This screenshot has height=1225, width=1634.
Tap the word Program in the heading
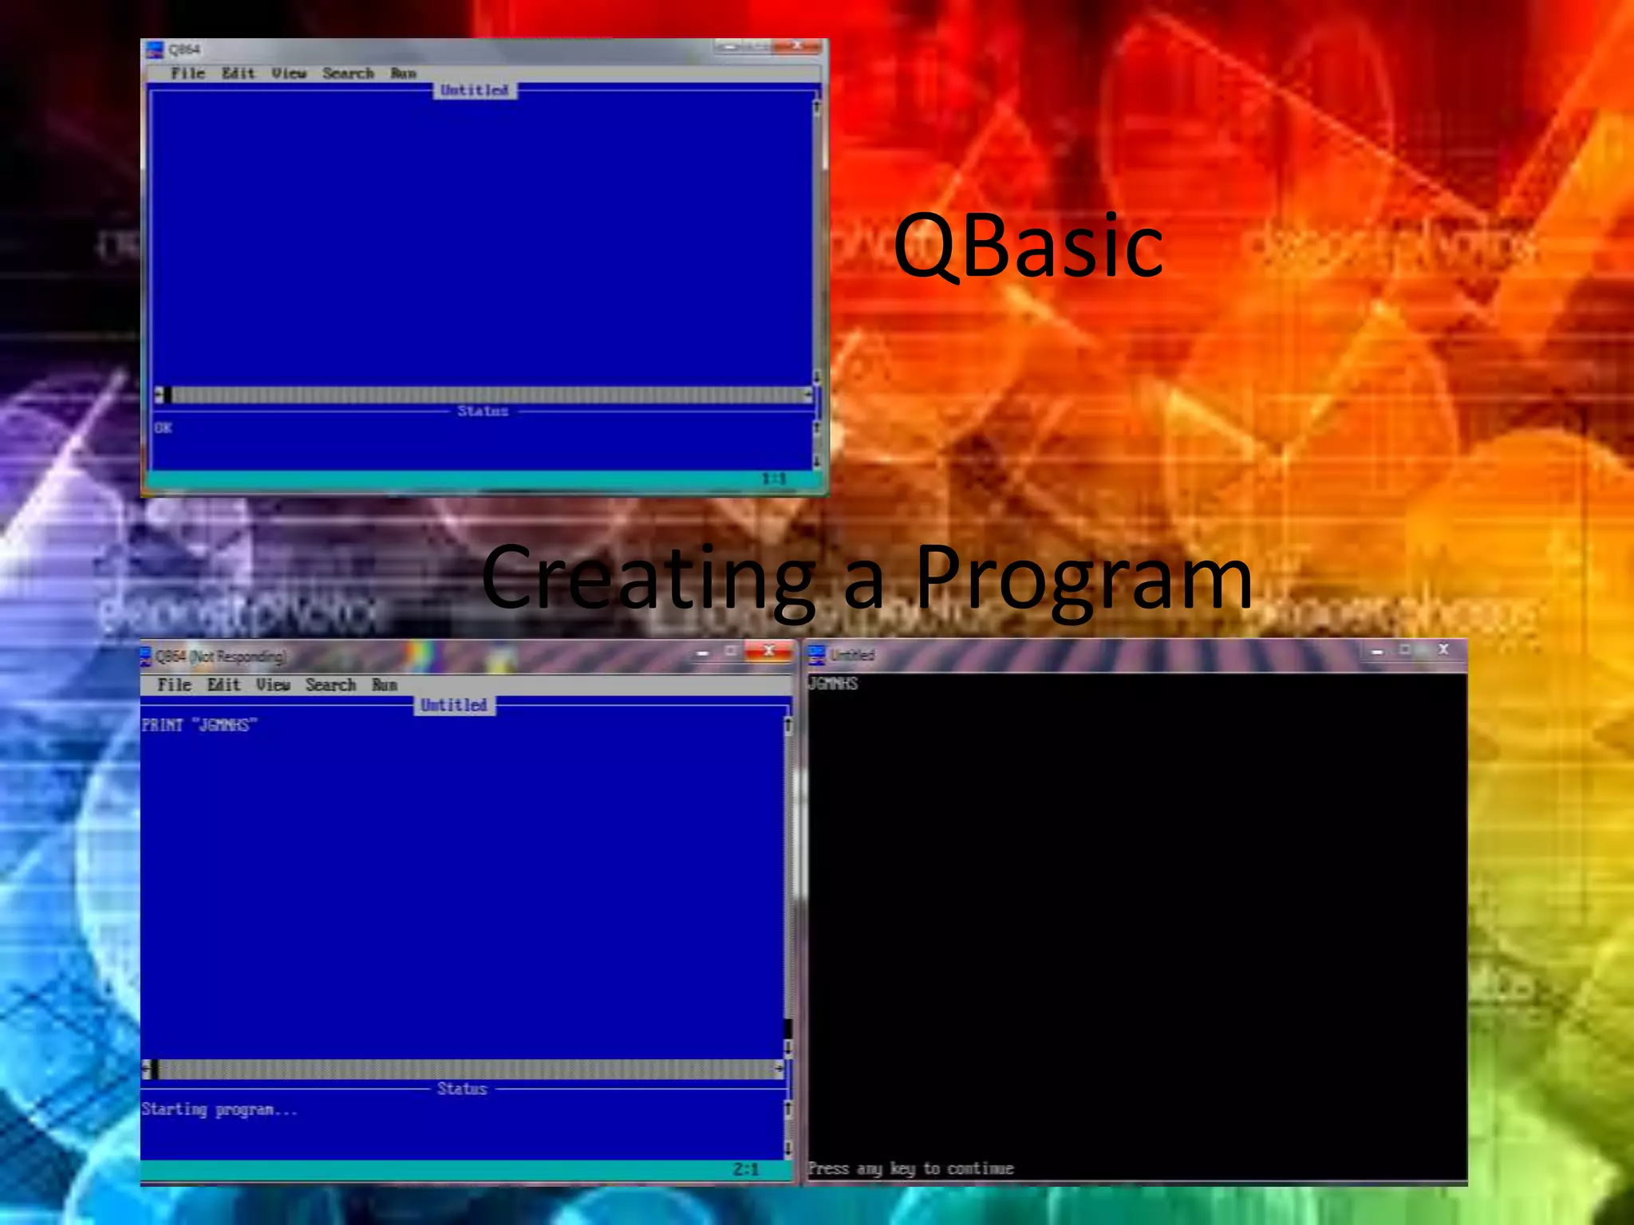tap(1083, 577)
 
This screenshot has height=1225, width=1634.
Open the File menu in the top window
tap(187, 73)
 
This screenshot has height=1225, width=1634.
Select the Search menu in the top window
tap(348, 73)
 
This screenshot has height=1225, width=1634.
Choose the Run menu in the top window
tap(403, 73)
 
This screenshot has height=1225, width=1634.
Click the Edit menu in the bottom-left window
tap(223, 684)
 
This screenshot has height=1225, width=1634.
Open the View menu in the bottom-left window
tap(273, 684)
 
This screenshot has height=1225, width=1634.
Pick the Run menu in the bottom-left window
tap(384, 684)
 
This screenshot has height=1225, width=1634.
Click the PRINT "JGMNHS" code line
tap(199, 725)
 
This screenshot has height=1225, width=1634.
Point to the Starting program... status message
tap(219, 1109)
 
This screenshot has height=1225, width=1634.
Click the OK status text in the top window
tap(163, 427)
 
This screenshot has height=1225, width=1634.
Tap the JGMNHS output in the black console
tap(833, 683)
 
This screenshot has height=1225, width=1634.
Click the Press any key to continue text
tap(910, 1168)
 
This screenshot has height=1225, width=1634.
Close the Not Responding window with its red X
tap(768, 651)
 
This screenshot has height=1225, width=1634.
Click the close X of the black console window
tap(1443, 650)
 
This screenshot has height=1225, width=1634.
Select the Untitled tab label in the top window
tap(475, 90)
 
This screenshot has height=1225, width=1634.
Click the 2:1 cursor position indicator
tap(746, 1169)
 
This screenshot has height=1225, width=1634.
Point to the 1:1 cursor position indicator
tap(773, 479)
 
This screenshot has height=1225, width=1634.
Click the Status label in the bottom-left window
tap(461, 1089)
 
